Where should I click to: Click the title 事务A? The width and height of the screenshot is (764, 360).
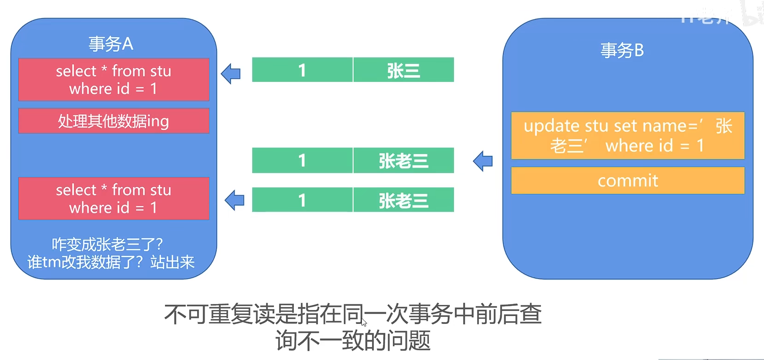(111, 44)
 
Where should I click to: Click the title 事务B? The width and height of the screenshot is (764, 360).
(622, 50)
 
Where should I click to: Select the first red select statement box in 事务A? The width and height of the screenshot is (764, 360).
(114, 80)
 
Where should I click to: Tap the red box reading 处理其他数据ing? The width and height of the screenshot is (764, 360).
(114, 121)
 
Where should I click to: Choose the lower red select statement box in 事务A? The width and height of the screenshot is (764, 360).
(114, 199)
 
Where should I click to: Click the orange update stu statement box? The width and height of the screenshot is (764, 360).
(627, 135)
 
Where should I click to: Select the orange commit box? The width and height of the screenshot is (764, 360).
(627, 180)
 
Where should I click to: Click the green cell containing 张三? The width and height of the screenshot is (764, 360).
(404, 70)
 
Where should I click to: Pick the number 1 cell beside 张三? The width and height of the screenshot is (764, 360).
(302, 70)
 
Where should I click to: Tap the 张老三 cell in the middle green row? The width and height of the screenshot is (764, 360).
(404, 160)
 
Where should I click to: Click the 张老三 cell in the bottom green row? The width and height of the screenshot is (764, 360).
(404, 200)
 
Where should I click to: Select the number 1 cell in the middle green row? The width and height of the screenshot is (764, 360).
(302, 160)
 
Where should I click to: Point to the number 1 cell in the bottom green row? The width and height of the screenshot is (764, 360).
(302, 200)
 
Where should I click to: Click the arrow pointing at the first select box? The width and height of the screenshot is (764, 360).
(231, 74)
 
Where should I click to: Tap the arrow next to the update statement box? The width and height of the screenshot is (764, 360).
(483, 161)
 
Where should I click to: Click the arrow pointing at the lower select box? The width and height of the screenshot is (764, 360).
(235, 200)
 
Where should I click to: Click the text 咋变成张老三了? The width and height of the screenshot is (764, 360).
(107, 244)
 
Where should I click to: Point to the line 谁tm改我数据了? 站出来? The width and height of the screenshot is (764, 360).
(111, 262)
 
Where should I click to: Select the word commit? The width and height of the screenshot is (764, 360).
(627, 180)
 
